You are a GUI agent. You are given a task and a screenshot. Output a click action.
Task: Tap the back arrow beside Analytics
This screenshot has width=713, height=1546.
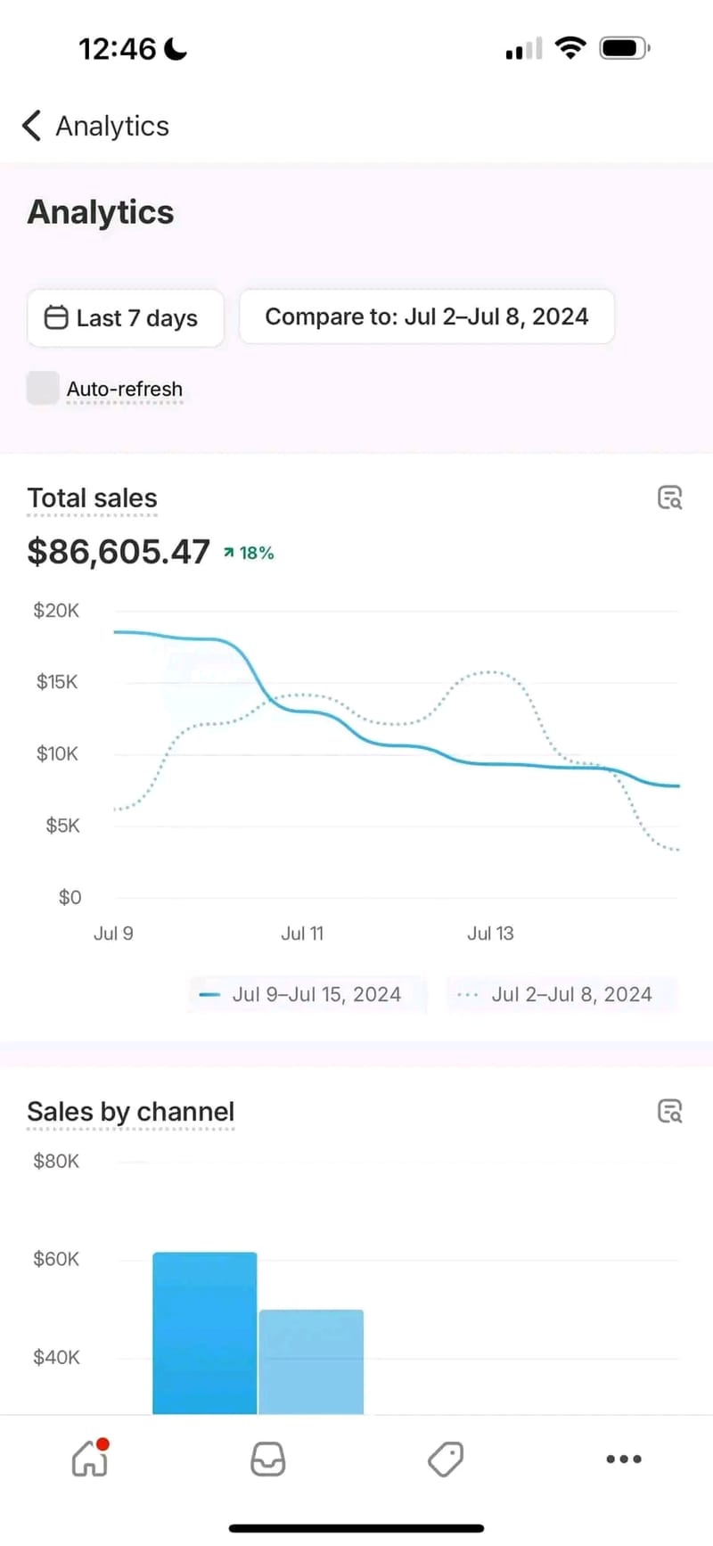[x=32, y=126]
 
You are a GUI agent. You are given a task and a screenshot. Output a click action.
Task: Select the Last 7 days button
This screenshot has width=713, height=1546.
[x=125, y=318]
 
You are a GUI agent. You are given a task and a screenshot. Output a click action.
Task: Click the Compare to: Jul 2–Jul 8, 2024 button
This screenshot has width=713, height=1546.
[x=427, y=317]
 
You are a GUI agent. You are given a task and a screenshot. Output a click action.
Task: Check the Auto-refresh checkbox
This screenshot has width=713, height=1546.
[x=43, y=388]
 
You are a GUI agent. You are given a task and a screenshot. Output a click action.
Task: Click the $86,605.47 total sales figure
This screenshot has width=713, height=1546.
[x=119, y=552]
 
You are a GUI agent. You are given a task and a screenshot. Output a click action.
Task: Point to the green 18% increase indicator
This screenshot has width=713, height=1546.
[x=249, y=553]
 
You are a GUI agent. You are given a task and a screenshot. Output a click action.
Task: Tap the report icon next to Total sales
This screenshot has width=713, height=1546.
[x=669, y=498]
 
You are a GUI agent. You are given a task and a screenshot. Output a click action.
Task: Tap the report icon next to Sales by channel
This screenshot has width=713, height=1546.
[x=669, y=1111]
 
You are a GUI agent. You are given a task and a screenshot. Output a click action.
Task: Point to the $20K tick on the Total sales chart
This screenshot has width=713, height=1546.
[x=56, y=611]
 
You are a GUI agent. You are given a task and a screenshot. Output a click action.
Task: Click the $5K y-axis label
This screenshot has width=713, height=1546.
[x=62, y=826]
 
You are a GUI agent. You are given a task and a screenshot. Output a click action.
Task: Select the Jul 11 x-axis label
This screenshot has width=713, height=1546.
[x=302, y=933]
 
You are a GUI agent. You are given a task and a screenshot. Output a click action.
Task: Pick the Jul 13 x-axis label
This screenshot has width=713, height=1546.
[x=490, y=933]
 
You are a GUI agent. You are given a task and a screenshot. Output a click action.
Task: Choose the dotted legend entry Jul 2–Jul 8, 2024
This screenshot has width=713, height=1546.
[x=561, y=994]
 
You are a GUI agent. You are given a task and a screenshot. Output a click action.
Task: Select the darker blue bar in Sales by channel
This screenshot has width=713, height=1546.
[x=205, y=1333]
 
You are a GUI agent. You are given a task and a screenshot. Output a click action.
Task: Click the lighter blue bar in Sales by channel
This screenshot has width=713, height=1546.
[x=311, y=1361]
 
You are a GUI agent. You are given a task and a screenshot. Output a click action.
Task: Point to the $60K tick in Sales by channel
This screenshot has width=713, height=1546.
[x=56, y=1259]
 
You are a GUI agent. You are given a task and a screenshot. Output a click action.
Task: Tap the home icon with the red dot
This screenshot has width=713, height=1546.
[x=90, y=1459]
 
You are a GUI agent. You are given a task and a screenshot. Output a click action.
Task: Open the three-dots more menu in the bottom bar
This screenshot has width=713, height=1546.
[x=623, y=1460]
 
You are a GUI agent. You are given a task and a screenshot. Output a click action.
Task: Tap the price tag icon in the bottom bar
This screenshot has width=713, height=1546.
[x=445, y=1460]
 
